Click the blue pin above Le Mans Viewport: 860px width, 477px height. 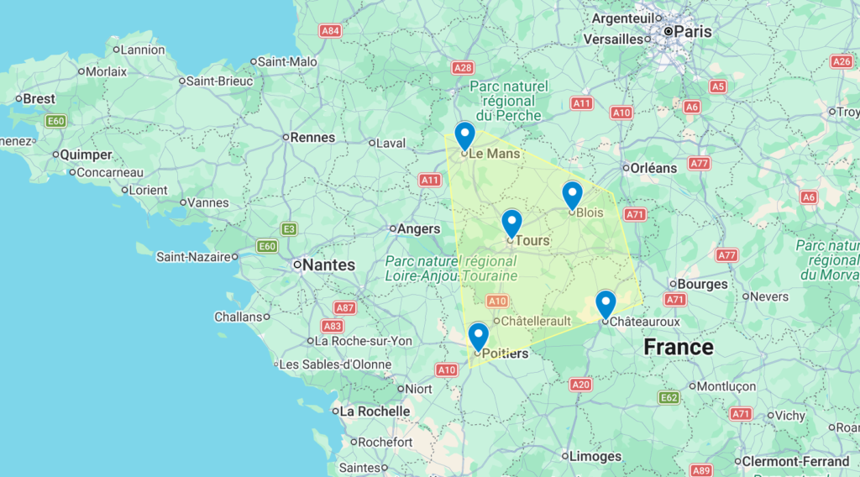click(464, 134)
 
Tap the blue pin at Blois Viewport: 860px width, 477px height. click(572, 194)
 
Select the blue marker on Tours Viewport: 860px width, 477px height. click(511, 223)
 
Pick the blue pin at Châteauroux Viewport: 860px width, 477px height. click(606, 303)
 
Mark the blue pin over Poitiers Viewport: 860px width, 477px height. click(478, 336)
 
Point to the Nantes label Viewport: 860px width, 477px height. click(328, 265)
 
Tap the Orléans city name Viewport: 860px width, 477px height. click(653, 168)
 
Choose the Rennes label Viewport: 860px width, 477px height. click(312, 137)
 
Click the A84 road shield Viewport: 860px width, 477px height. click(331, 31)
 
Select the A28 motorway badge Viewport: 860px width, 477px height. click(462, 67)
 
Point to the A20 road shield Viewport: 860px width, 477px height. click(580, 384)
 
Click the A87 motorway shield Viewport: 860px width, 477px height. click(344, 307)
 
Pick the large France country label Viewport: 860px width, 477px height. click(678, 347)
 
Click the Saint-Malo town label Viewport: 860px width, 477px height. click(287, 61)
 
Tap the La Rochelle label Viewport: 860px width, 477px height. click(375, 411)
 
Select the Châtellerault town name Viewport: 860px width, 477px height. click(537, 321)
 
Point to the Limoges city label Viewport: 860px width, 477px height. click(595, 457)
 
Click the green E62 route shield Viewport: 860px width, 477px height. click(669, 397)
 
